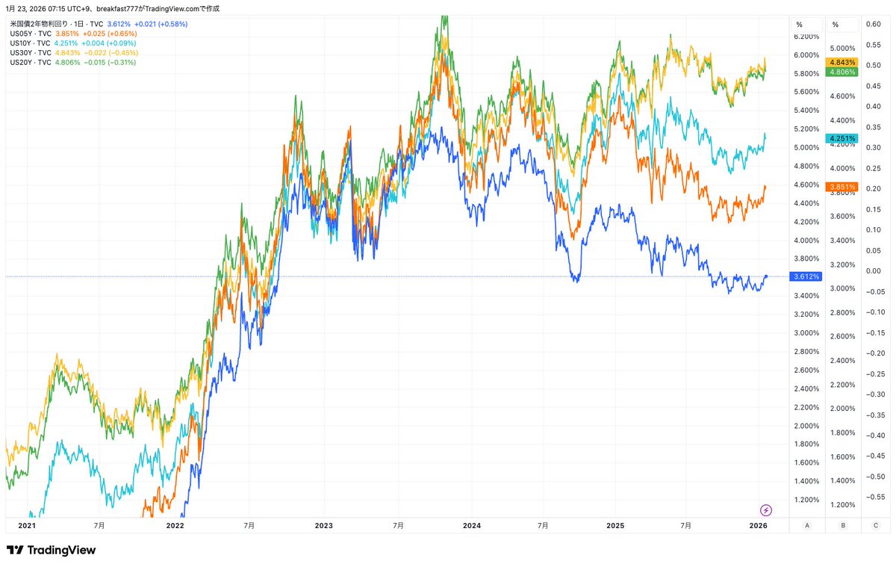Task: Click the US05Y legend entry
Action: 30,34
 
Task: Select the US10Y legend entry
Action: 30,43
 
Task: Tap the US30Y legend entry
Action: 30,53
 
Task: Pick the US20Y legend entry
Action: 30,63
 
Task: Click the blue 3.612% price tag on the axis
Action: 806,276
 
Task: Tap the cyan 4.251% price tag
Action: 842,139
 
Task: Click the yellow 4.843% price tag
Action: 842,62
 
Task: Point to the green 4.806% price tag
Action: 842,72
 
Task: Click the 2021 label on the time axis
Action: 26,526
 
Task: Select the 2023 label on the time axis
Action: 323,526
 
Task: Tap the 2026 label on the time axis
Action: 759,526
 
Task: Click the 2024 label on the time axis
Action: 471,526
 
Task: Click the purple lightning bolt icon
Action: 766,510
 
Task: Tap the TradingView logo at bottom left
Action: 51,551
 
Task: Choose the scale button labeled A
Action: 807,526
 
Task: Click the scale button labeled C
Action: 875,526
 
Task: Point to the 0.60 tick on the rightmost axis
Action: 873,24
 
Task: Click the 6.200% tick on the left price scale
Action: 806,36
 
